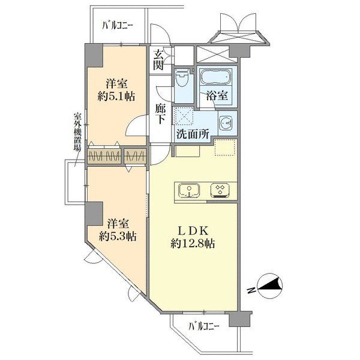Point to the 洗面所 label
pyautogui.click(x=191, y=133)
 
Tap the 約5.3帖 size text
pyautogui.click(x=117, y=236)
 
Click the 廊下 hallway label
pyautogui.click(x=160, y=114)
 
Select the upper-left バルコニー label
pyautogui.click(x=118, y=25)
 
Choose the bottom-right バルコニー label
pyautogui.click(x=204, y=326)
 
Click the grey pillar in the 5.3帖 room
pyautogui.click(x=94, y=214)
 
